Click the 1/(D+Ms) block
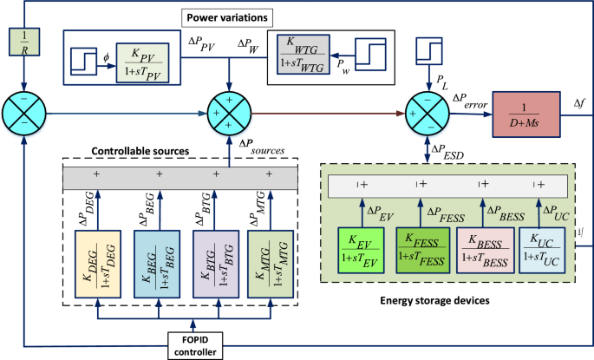tap(527, 110)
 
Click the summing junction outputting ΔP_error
tap(428, 111)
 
